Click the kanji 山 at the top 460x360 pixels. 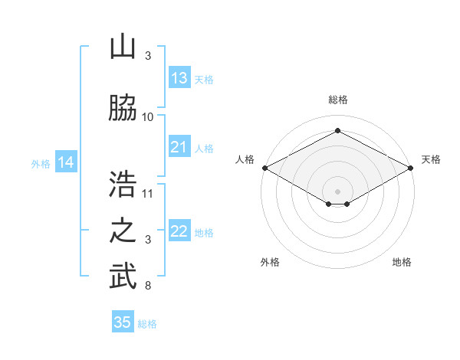123,46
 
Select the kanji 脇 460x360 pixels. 123,107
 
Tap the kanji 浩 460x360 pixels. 123,184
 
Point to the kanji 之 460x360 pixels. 123,231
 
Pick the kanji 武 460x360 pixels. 123,276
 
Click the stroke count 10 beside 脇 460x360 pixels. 147,117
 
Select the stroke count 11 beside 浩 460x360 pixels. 147,194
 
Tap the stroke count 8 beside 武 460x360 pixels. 148,286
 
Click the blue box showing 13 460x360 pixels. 179,77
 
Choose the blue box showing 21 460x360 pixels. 179,146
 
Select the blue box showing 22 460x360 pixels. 179,230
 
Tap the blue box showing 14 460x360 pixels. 66,162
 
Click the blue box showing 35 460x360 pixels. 123,321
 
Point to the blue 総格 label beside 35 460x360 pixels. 147,324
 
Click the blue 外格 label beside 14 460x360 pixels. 41,164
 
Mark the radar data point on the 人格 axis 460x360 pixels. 265,168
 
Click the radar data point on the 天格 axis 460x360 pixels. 411,168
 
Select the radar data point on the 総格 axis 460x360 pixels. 337,130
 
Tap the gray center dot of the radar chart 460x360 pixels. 337,191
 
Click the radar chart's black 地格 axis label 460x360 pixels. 402,262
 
